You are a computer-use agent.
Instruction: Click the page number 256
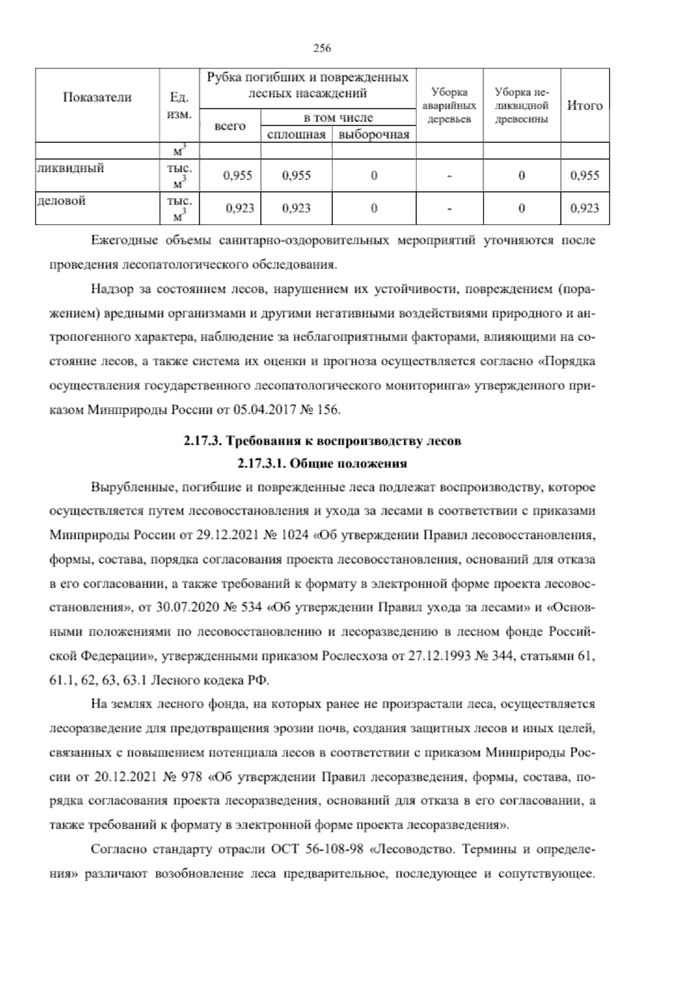coord(321,49)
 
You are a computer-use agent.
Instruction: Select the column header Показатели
coord(97,97)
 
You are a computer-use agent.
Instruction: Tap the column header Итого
coord(584,105)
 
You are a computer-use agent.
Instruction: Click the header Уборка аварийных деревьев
coord(449,105)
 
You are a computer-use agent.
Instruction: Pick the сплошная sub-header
coord(296,135)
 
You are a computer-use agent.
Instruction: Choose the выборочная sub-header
coord(374,135)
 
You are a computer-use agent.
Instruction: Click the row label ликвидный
coord(70,168)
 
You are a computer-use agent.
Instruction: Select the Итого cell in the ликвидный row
coord(584,175)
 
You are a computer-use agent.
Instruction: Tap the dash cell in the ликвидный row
coord(449,175)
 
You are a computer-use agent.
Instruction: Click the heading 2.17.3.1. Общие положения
coord(321,463)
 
